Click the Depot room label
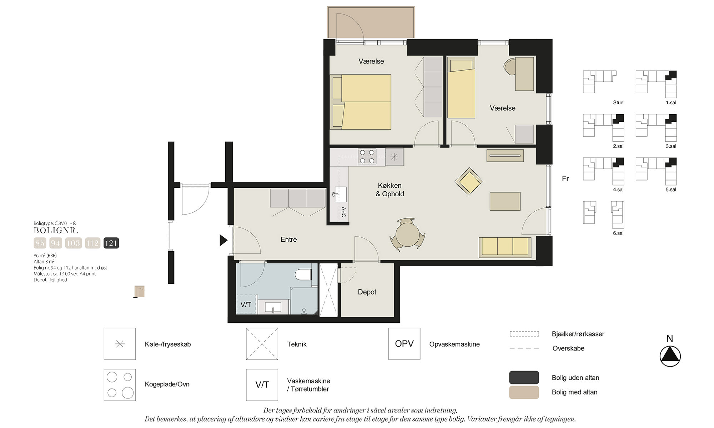point(367,292)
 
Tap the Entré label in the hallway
point(289,240)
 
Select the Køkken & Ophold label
point(390,190)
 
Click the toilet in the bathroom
point(303,275)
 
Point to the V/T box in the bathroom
point(246,304)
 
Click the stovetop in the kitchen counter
point(367,157)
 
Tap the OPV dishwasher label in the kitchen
point(343,212)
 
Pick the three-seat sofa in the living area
point(505,247)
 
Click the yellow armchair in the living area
point(469,181)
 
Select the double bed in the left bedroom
point(360,102)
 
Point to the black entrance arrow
point(223,240)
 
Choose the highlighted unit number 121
point(111,243)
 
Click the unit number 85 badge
point(40,243)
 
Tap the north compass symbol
point(670,356)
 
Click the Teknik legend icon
point(262,344)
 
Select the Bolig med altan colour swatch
point(524,392)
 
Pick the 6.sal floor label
point(618,233)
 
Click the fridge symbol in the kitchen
point(394,157)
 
